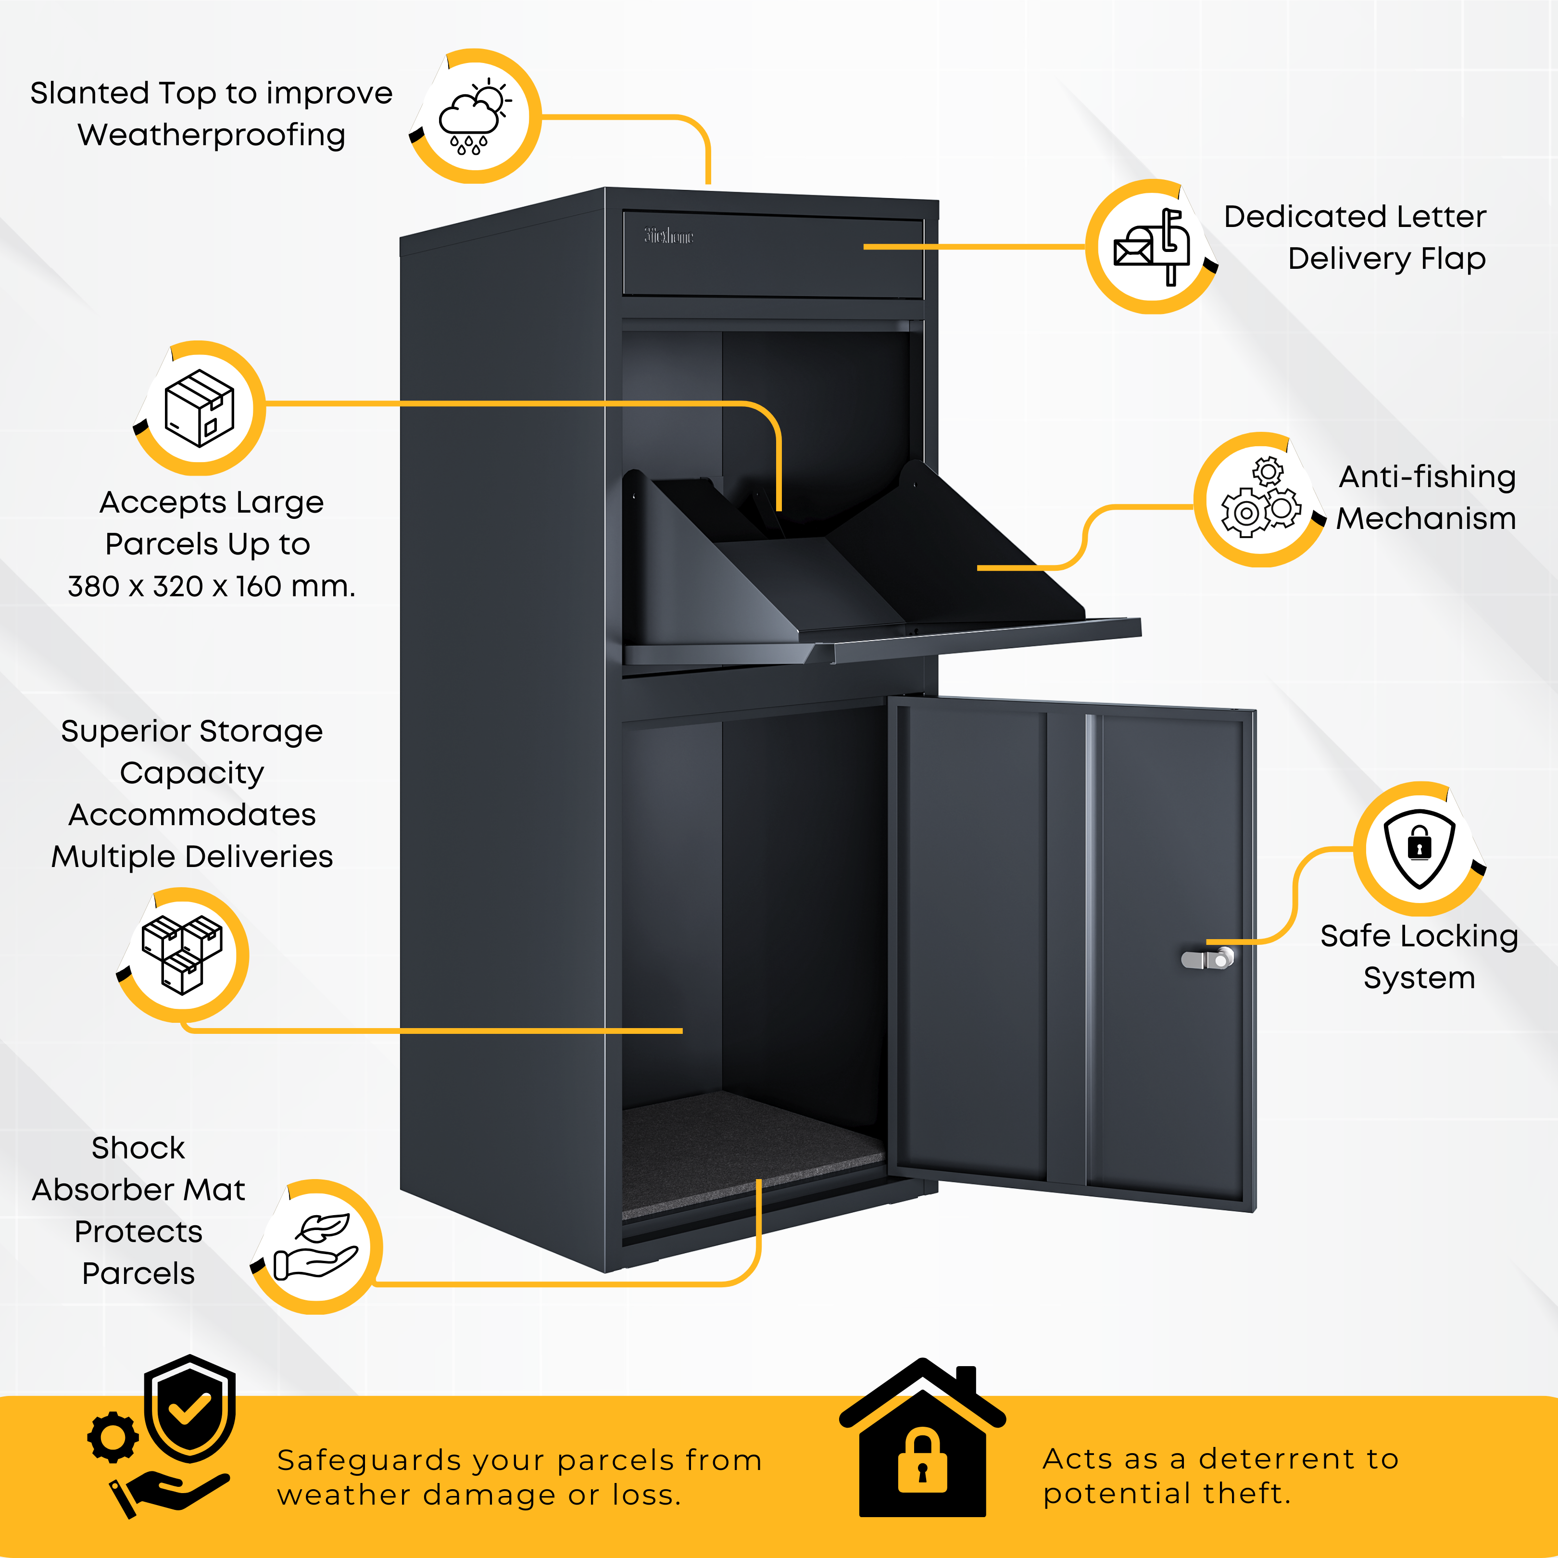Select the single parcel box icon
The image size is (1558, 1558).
coord(199,408)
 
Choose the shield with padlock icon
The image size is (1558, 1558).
coord(1420,848)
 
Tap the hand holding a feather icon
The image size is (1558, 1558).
coord(316,1247)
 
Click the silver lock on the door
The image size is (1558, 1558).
coord(1208,959)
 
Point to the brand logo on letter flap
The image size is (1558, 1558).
coord(668,236)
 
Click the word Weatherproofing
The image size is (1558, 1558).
coord(211,136)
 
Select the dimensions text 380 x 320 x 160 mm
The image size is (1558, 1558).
coord(211,586)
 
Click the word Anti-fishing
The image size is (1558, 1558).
coord(1427,477)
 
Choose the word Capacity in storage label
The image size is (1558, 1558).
coord(192,773)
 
